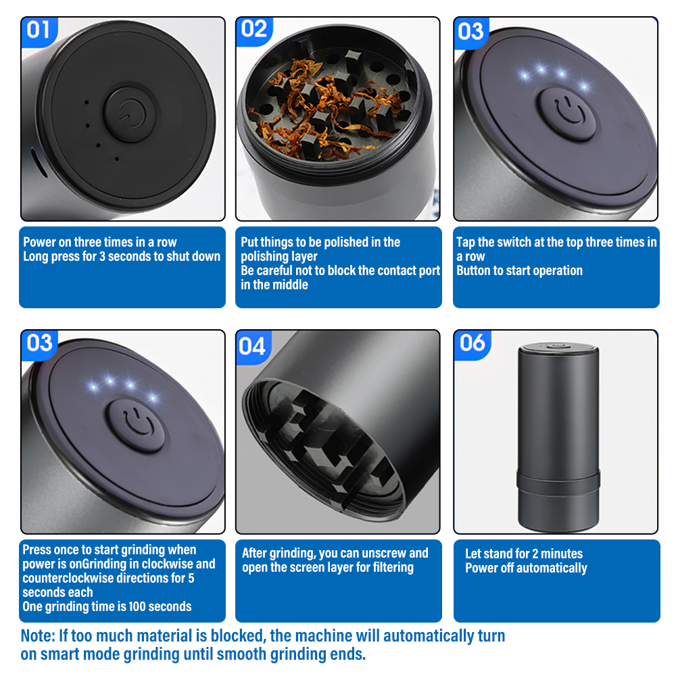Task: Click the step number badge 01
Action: tap(39, 30)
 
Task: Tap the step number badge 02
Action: tap(254, 30)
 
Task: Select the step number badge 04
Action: tap(252, 345)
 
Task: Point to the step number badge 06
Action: tap(472, 343)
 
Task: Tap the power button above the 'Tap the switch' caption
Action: tap(566, 112)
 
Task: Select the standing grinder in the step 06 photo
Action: tap(558, 437)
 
